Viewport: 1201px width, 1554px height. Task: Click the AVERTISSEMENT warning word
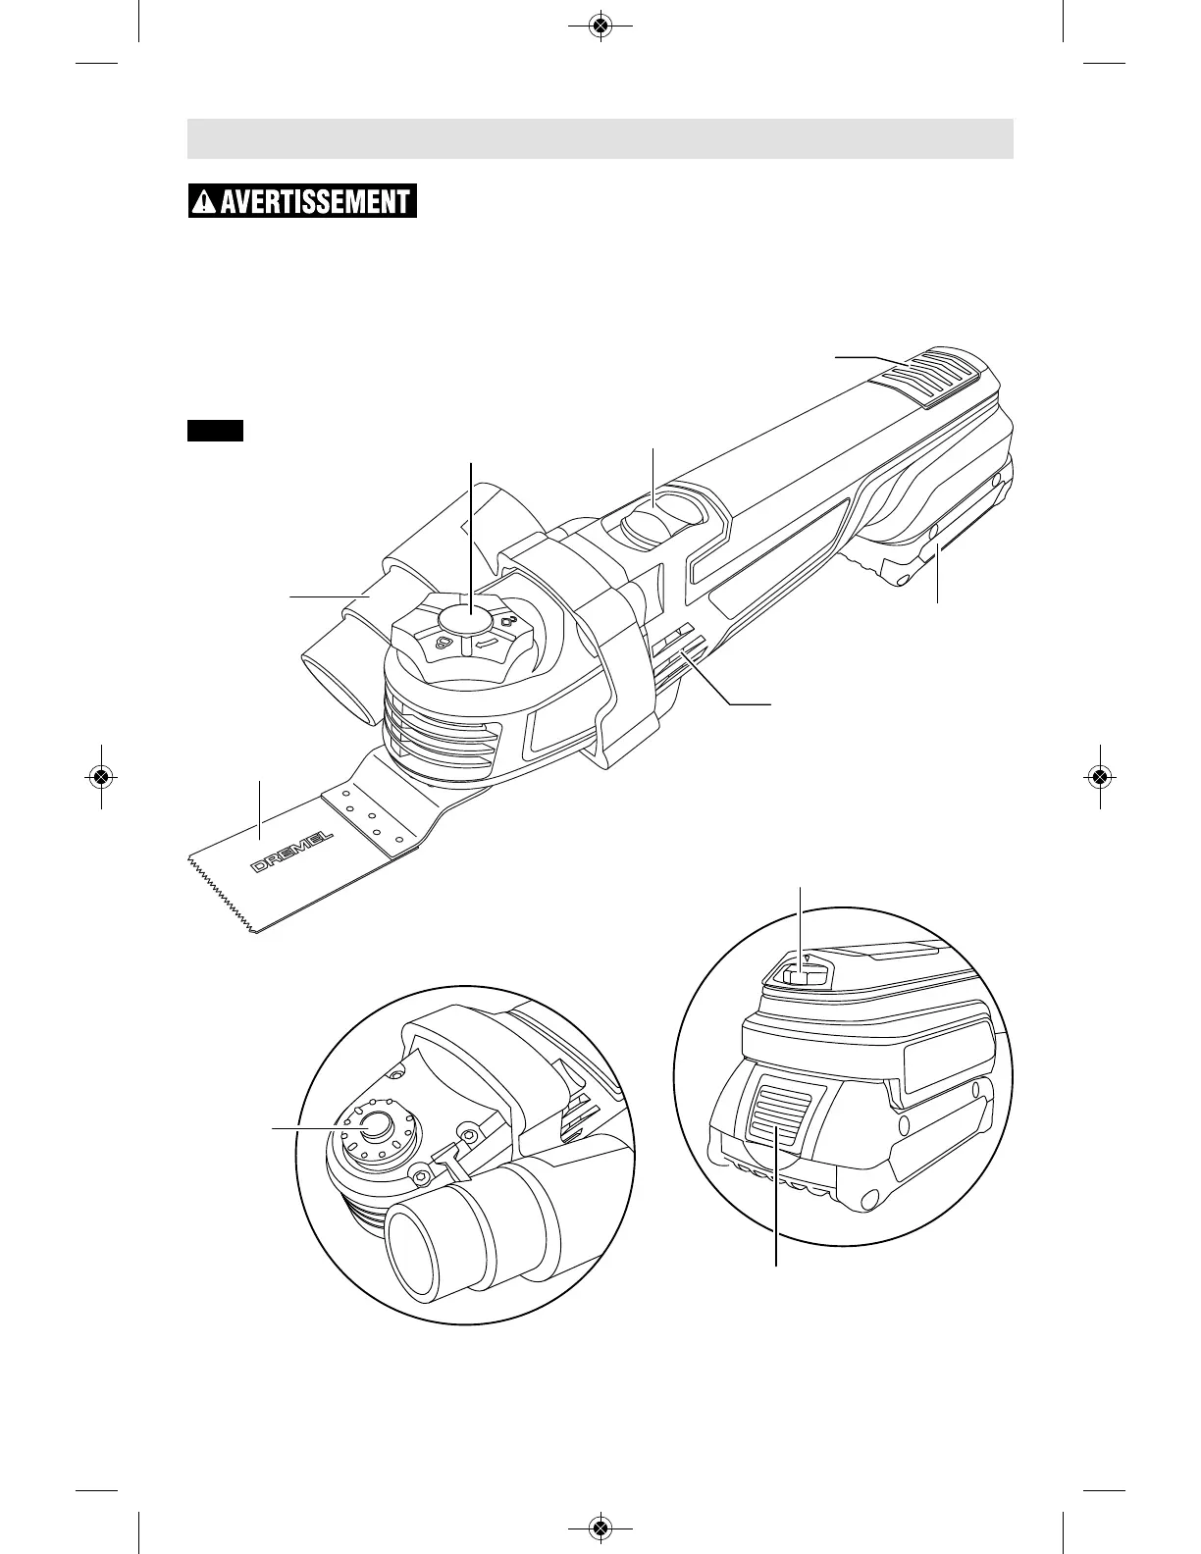(x=314, y=202)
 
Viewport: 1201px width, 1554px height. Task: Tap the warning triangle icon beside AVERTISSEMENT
(x=202, y=203)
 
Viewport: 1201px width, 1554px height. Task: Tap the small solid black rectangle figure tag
(x=215, y=430)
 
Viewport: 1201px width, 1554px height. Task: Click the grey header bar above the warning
(x=600, y=138)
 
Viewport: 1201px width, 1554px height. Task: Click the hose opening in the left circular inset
(x=413, y=1250)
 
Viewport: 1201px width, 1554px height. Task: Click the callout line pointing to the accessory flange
(x=304, y=1129)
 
